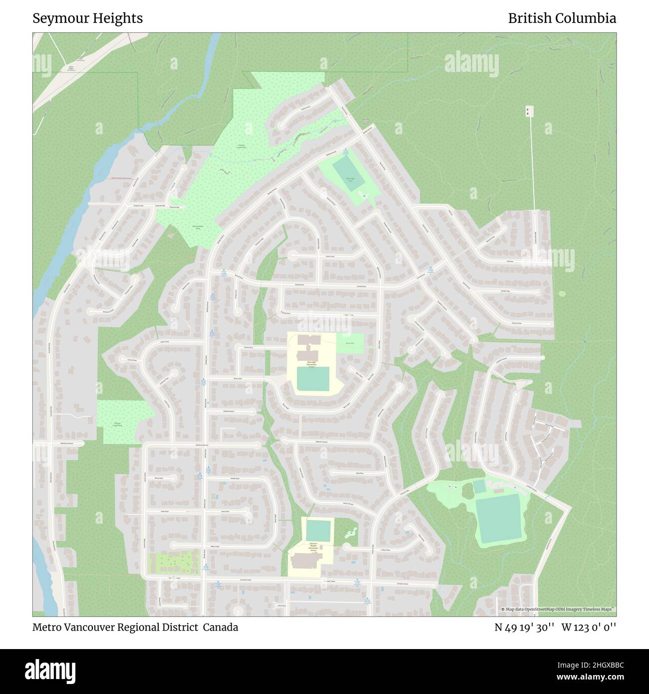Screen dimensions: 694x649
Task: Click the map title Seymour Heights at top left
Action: point(88,18)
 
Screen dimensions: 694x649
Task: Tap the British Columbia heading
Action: point(562,18)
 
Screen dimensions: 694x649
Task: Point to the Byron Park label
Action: point(350,343)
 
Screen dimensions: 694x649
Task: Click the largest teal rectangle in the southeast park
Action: point(498,519)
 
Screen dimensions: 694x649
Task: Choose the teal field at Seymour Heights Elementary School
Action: point(319,531)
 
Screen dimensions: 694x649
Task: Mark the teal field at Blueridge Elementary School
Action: point(314,379)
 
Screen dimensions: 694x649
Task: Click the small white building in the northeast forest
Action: point(529,111)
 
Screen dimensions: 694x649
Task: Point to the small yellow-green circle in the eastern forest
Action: point(562,294)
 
